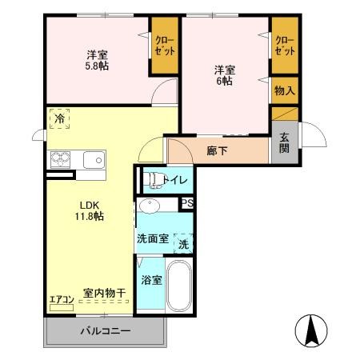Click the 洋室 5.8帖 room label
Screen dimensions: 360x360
coord(98,60)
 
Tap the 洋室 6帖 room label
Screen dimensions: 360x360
coord(224,74)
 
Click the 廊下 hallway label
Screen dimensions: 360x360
coord(217,150)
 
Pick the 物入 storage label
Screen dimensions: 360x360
coord(284,90)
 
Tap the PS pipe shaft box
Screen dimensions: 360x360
coord(187,204)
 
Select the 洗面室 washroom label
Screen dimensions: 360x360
coord(151,238)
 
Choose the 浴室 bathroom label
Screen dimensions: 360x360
coord(150,280)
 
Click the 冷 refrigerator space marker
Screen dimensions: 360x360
coord(59,119)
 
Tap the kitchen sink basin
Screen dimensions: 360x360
coord(93,158)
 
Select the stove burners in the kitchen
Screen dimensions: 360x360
coord(61,158)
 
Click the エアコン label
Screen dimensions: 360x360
coord(62,300)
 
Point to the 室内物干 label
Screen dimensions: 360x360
coord(104,294)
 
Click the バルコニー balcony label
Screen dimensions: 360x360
coord(104,331)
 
